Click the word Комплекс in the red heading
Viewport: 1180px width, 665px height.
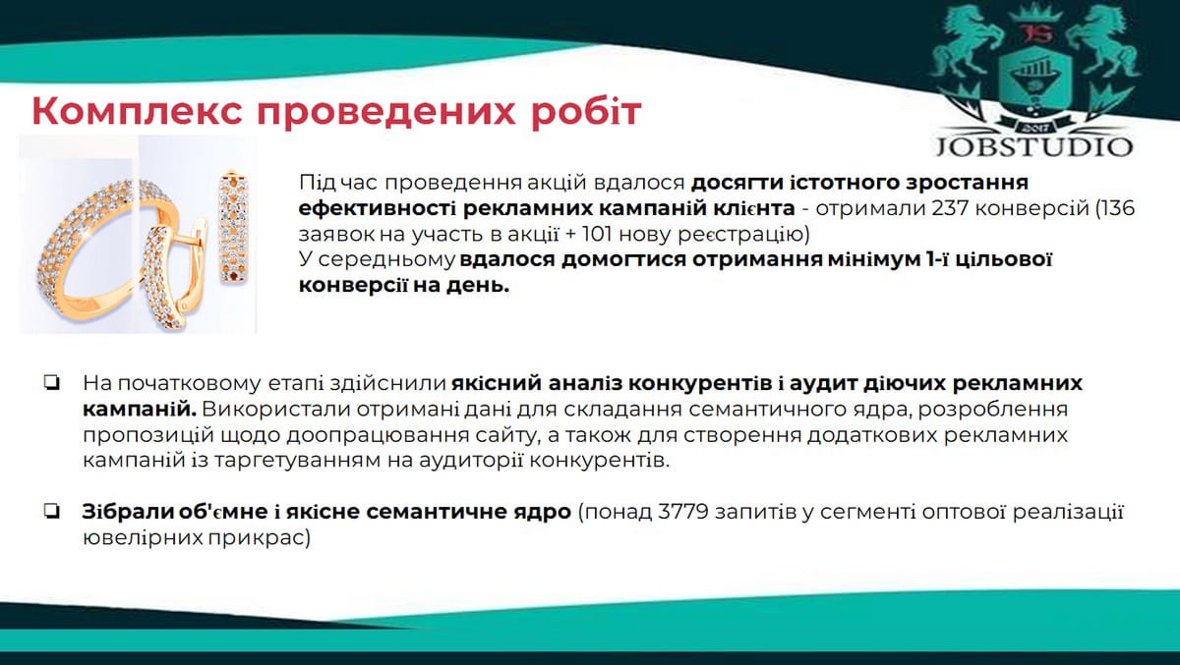click(137, 111)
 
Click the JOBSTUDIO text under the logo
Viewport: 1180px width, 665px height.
click(1034, 146)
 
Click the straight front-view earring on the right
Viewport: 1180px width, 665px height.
click(234, 226)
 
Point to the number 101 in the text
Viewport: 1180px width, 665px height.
click(597, 234)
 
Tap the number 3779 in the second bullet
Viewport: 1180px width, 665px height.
click(683, 512)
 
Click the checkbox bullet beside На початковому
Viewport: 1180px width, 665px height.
click(52, 383)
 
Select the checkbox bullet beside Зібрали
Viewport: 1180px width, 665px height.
click(52, 512)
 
